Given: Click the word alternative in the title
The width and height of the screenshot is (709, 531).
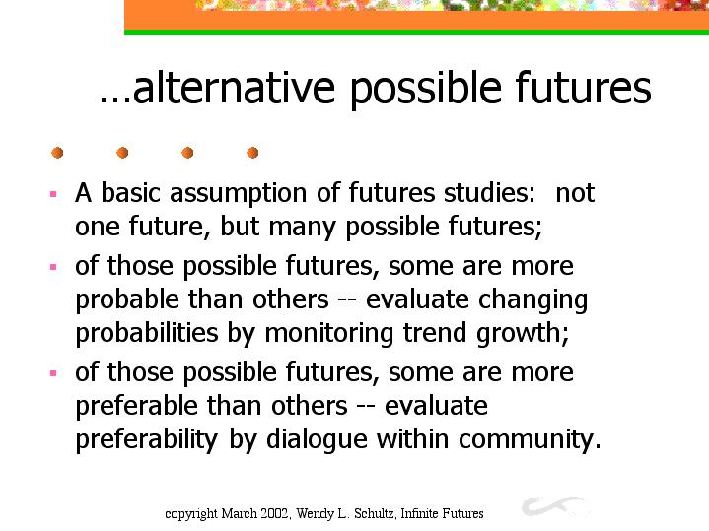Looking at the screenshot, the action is (235, 88).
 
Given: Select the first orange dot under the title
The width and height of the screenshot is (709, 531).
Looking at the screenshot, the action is (57, 153).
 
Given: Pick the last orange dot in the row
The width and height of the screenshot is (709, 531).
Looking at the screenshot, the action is (252, 153).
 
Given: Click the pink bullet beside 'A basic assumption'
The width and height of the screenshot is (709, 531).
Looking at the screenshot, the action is (53, 194).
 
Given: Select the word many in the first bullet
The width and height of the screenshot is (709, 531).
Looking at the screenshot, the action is (302, 228).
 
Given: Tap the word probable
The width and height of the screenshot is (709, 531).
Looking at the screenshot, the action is (127, 300).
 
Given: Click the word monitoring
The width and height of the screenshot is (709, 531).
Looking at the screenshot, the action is (328, 335).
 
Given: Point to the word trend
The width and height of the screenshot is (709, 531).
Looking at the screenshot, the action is (435, 333).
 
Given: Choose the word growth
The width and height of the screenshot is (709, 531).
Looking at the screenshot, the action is (523, 335).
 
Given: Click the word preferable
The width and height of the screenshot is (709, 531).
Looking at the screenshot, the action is (136, 407).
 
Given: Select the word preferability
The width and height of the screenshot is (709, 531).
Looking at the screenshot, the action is (147, 440).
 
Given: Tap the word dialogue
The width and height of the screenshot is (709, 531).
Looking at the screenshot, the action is (317, 440).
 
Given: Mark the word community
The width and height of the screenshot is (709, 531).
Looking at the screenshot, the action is (530, 440).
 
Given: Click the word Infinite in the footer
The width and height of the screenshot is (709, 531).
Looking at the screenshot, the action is (419, 514).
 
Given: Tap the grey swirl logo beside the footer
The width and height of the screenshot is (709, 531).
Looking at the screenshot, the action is (555, 506).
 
